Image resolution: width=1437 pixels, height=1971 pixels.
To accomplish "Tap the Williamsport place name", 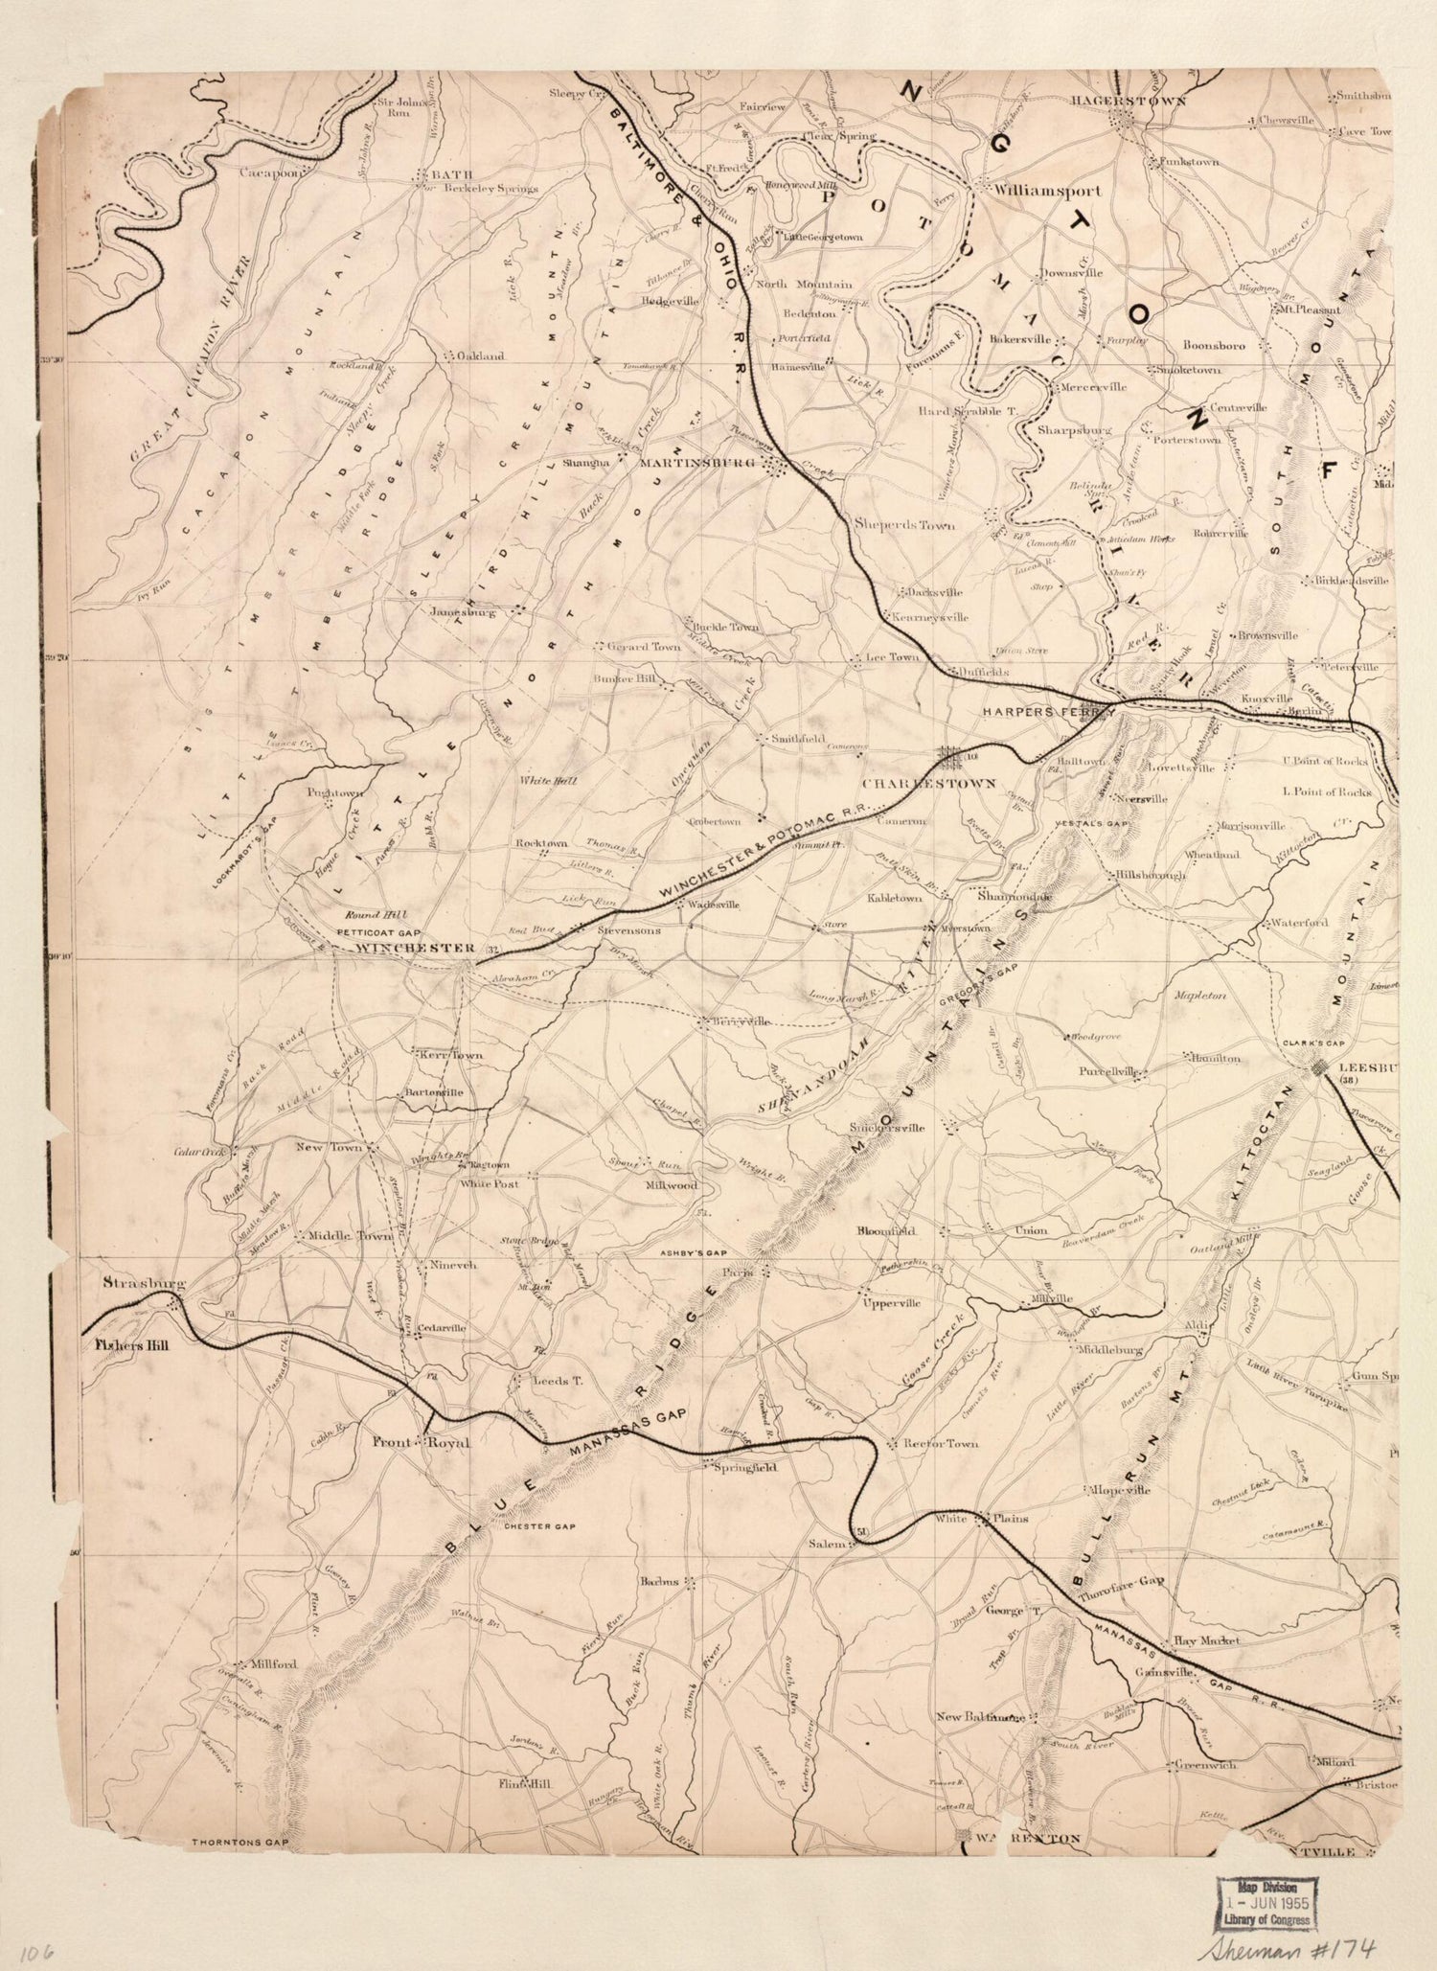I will click(1046, 191).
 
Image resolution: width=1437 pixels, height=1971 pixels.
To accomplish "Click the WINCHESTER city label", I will click(415, 949).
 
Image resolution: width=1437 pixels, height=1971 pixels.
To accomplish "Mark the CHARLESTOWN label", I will click(928, 783).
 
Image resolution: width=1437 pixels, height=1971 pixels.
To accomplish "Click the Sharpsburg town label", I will click(1074, 430).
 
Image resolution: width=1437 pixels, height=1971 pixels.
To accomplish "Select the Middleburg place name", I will click(1110, 1349).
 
